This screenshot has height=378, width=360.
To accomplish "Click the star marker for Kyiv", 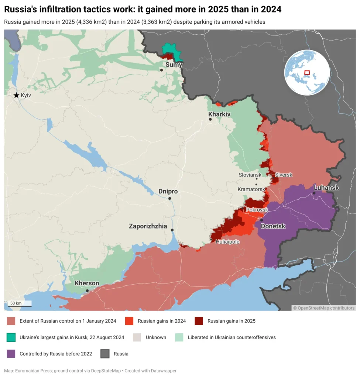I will pyautogui.click(x=16, y=95).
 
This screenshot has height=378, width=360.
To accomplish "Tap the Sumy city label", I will pyautogui.click(x=174, y=65).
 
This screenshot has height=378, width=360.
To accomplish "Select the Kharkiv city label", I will pyautogui.click(x=219, y=114).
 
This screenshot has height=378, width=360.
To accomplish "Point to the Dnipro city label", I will pyautogui.click(x=168, y=191).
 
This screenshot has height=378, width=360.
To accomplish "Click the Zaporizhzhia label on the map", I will pyautogui.click(x=148, y=226).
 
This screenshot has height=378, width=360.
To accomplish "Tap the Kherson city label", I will pyautogui.click(x=87, y=283).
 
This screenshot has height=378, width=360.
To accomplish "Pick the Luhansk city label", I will pyautogui.click(x=326, y=188).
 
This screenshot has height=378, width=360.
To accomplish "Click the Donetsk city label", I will pyautogui.click(x=273, y=226).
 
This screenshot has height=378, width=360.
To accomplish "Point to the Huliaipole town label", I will pyautogui.click(x=227, y=242).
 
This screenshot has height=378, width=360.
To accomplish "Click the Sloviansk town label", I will pyautogui.click(x=250, y=175).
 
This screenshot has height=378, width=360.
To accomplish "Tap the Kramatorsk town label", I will pyautogui.click(x=251, y=189).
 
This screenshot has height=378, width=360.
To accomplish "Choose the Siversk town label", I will pyautogui.click(x=284, y=175).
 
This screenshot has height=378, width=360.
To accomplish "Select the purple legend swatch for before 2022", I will pyautogui.click(x=11, y=354).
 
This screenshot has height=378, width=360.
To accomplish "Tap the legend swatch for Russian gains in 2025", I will pyautogui.click(x=199, y=321).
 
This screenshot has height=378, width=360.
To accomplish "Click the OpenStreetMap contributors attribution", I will pyautogui.click(x=323, y=307).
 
